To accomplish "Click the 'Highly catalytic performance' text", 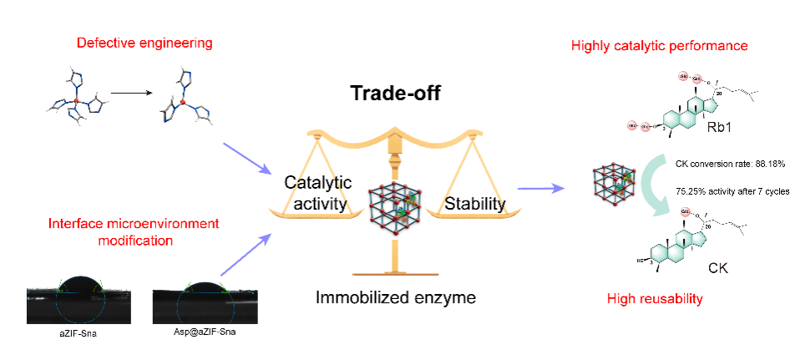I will [x=659, y=44].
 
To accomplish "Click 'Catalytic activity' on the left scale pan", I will [x=317, y=191].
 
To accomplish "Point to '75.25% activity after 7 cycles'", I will [x=732, y=191].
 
